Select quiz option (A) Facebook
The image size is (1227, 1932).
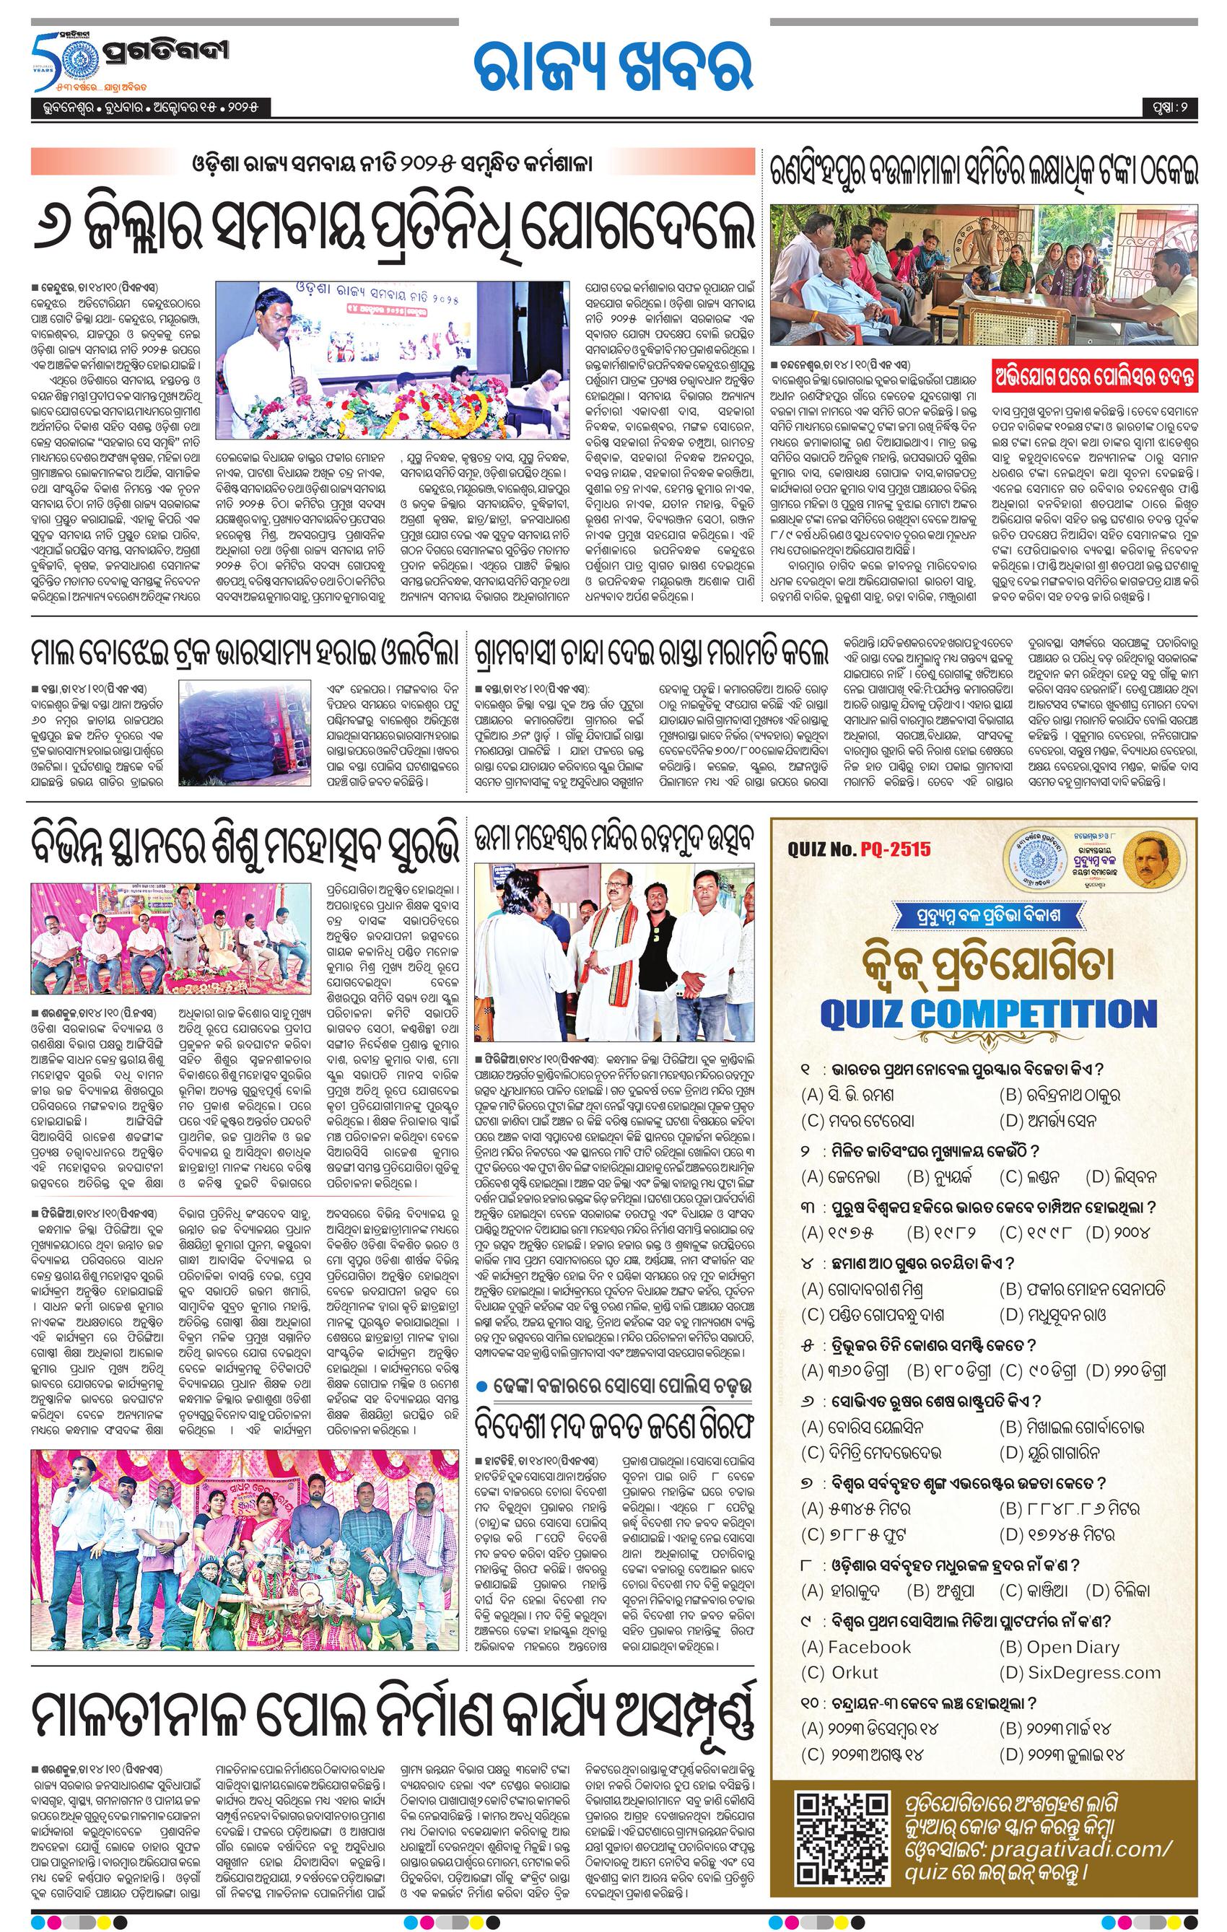856,1647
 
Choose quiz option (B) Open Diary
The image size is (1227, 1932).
1060,1647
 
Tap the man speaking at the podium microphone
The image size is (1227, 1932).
268,329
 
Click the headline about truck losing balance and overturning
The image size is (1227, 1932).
245,653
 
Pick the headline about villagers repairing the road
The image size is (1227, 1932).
650,653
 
